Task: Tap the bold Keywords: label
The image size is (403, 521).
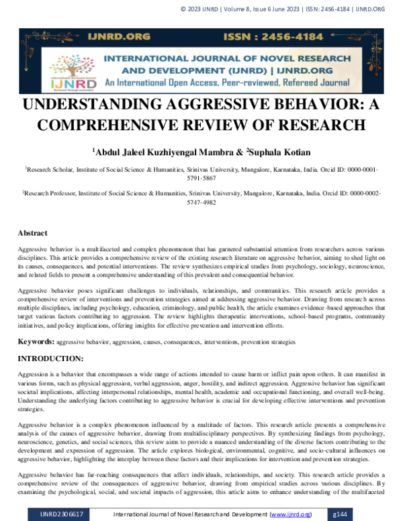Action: [x=36, y=342]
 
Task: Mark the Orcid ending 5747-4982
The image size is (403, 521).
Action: [x=201, y=201]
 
